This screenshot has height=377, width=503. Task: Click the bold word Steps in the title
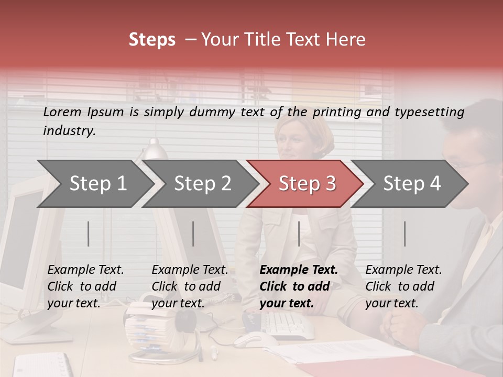[x=152, y=40]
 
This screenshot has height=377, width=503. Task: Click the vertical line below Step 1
[x=88, y=234]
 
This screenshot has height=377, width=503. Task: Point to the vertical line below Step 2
[x=193, y=234]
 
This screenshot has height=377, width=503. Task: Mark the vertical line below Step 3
[x=299, y=234]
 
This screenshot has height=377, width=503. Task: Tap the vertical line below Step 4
[x=404, y=234]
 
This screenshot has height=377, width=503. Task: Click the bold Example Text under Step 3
[x=299, y=270]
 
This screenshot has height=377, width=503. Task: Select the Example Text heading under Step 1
[x=85, y=270]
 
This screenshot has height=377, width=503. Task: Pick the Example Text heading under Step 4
[x=403, y=270]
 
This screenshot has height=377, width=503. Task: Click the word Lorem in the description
[x=62, y=112]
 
